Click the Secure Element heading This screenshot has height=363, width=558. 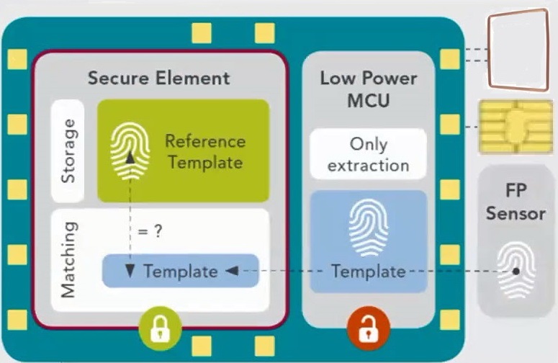click(158, 78)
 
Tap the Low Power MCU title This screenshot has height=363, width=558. click(368, 89)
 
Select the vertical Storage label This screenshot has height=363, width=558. click(68, 150)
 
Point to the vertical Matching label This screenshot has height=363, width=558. click(68, 259)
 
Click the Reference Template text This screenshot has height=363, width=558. click(204, 151)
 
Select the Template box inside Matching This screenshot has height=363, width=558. click(180, 272)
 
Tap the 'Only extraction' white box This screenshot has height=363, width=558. click(368, 154)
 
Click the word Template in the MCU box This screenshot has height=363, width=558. click(368, 272)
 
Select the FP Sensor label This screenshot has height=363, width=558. click(516, 204)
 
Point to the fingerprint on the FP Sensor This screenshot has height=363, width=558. click(516, 269)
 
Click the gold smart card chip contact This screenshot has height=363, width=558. click(516, 127)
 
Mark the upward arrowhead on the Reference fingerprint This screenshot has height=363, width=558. click(130, 158)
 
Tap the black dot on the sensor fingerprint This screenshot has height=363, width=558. click(516, 272)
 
